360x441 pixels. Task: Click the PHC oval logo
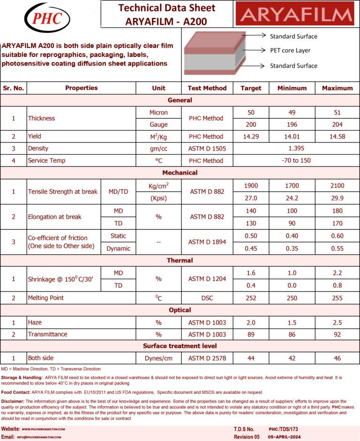tap(47, 18)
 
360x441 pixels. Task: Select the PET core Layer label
tap(290, 50)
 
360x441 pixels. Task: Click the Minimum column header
tap(292, 88)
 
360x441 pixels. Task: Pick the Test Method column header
tap(207, 88)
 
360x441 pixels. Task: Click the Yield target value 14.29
tap(251, 137)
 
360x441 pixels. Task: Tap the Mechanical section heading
tap(180, 173)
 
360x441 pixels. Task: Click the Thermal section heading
tap(180, 260)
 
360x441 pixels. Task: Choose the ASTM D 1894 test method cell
tap(207, 242)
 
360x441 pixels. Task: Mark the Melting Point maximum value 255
tap(337, 297)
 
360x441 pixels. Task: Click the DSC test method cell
tap(207, 297)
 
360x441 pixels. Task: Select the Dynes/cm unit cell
tap(158, 358)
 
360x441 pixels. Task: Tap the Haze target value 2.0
tap(251, 322)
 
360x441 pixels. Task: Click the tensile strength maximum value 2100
tap(337, 186)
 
